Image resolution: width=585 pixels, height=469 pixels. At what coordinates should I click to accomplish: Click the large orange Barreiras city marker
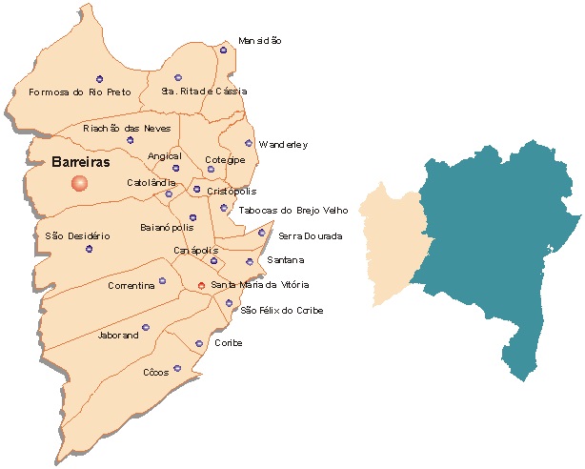pyautogui.click(x=79, y=183)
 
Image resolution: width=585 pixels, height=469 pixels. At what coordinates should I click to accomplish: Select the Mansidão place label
pyautogui.click(x=259, y=41)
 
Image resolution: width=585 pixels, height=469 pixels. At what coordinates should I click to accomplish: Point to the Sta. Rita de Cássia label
pyautogui.click(x=204, y=92)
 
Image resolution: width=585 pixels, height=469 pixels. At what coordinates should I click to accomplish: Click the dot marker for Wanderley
pyautogui.click(x=249, y=143)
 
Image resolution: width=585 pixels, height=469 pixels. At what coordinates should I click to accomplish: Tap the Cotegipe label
pyautogui.click(x=225, y=159)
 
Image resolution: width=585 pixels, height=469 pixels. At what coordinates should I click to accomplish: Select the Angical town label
pyautogui.click(x=164, y=156)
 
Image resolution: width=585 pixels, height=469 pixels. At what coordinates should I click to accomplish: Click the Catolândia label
pyautogui.click(x=151, y=182)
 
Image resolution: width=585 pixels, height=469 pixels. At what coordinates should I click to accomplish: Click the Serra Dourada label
pyautogui.click(x=310, y=235)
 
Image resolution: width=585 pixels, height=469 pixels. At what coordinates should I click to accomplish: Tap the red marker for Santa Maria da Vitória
pyautogui.click(x=201, y=285)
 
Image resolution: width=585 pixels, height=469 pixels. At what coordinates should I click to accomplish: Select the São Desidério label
pyautogui.click(x=78, y=235)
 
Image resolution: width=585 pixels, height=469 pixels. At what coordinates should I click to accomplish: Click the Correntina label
pyautogui.click(x=131, y=285)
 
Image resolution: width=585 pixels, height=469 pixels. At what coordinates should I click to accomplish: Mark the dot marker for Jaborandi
pyautogui.click(x=146, y=327)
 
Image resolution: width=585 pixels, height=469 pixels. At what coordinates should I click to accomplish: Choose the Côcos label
pyautogui.click(x=154, y=372)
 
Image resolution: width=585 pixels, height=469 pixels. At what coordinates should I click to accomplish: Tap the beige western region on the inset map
pyautogui.click(x=395, y=238)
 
